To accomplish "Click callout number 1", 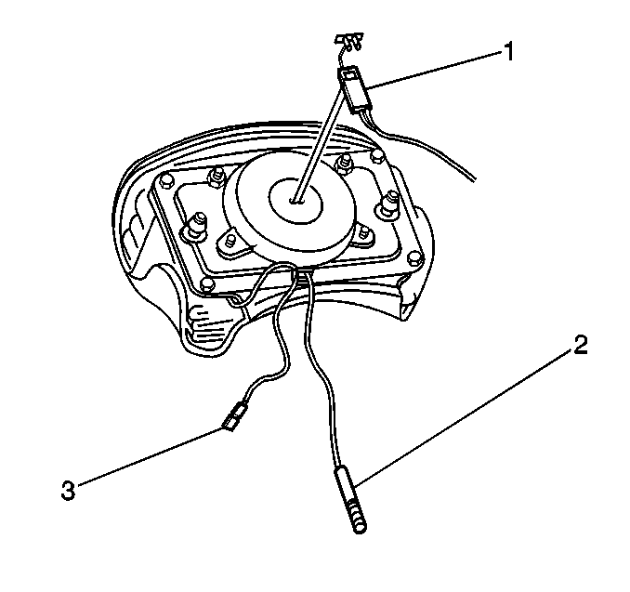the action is click(x=508, y=53).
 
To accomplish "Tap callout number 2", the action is click(x=581, y=345).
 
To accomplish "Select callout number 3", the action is click(x=69, y=491).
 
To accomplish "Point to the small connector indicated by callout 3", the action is click(x=235, y=416).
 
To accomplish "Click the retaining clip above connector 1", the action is click(x=348, y=41).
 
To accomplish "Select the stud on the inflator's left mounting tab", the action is click(x=230, y=241).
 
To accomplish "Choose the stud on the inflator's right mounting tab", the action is click(x=365, y=232).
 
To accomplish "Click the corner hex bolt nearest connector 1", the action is click(x=377, y=156).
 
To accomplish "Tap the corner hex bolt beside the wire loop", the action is click(x=206, y=283).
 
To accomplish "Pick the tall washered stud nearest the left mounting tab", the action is click(x=197, y=226).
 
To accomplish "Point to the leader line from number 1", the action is click(x=435, y=70).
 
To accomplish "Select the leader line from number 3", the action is click(x=150, y=457).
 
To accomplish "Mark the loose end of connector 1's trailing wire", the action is click(x=475, y=179).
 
